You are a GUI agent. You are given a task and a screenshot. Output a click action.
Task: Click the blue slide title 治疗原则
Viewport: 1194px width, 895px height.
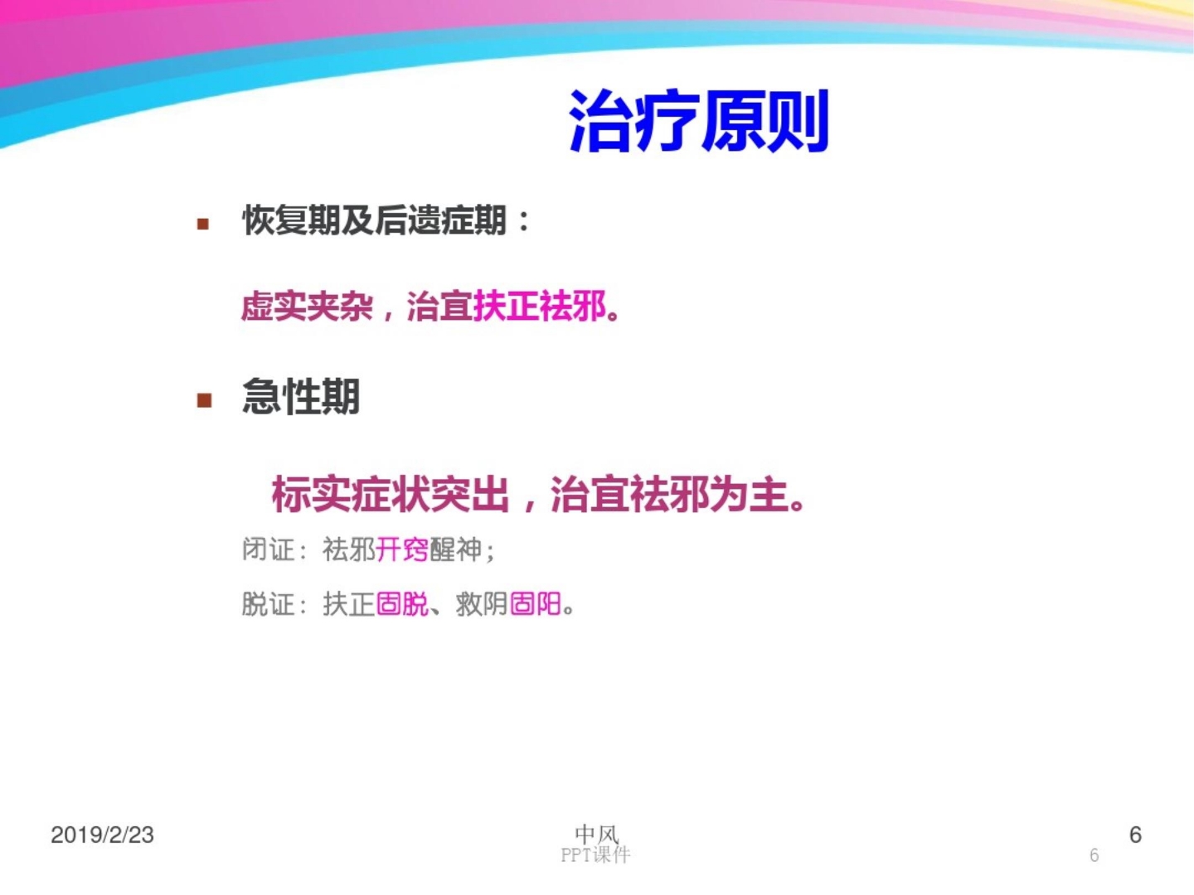[x=698, y=122]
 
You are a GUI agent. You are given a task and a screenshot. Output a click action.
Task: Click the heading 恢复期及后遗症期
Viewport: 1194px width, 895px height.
[x=374, y=220]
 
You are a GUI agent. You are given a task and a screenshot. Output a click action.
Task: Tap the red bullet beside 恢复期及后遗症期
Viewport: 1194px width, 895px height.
[x=203, y=224]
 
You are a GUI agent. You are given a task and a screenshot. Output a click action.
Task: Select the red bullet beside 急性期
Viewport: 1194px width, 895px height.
[x=204, y=401]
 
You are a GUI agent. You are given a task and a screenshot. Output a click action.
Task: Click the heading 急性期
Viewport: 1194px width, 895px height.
[x=301, y=397]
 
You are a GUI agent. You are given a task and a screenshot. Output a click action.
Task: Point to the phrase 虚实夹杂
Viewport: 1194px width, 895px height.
[x=307, y=307]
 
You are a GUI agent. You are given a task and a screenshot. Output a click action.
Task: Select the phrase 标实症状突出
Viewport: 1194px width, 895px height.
[x=390, y=495]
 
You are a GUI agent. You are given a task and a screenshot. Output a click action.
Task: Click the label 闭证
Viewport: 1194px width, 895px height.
[x=269, y=549]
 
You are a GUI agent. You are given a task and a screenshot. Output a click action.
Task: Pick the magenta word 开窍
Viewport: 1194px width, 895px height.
[x=402, y=549]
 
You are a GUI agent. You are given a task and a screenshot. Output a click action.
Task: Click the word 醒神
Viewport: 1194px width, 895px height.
[x=456, y=549]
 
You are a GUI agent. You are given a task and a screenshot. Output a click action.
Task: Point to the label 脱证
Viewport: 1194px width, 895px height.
[x=269, y=604]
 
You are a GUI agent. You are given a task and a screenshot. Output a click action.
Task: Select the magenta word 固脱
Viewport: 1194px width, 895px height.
[x=402, y=604]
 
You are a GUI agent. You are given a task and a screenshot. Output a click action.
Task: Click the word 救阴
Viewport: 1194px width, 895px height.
[x=482, y=604]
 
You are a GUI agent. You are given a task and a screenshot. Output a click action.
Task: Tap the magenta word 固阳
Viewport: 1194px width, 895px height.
[x=536, y=604]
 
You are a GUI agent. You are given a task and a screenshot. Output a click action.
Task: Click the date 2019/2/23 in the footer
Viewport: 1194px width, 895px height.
[x=103, y=835]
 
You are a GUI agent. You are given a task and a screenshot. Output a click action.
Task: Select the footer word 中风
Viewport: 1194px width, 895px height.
[x=596, y=833]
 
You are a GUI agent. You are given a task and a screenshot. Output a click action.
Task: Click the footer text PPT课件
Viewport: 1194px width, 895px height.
[x=595, y=854]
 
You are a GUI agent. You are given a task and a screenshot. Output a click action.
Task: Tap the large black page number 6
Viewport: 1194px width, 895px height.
[x=1135, y=835]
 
